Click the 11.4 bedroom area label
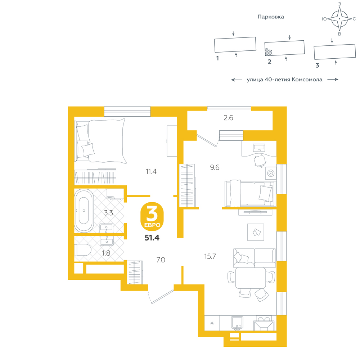click(x=151, y=171)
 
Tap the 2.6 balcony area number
click(x=228, y=118)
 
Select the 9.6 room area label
click(x=215, y=167)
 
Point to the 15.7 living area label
click(x=210, y=256)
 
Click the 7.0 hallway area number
click(x=161, y=260)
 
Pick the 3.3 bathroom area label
click(x=108, y=213)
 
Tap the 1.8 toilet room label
click(x=106, y=253)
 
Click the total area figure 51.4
click(x=152, y=238)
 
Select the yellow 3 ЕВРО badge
click(x=152, y=216)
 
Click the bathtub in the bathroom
click(x=84, y=211)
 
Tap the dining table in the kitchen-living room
click(x=251, y=278)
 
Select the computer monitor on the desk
click(x=259, y=148)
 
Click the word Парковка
click(x=271, y=17)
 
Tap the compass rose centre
click(x=339, y=19)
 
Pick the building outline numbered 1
click(x=235, y=45)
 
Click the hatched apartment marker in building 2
click(x=269, y=52)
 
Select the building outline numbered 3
click(x=335, y=51)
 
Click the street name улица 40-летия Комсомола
click(x=284, y=80)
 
